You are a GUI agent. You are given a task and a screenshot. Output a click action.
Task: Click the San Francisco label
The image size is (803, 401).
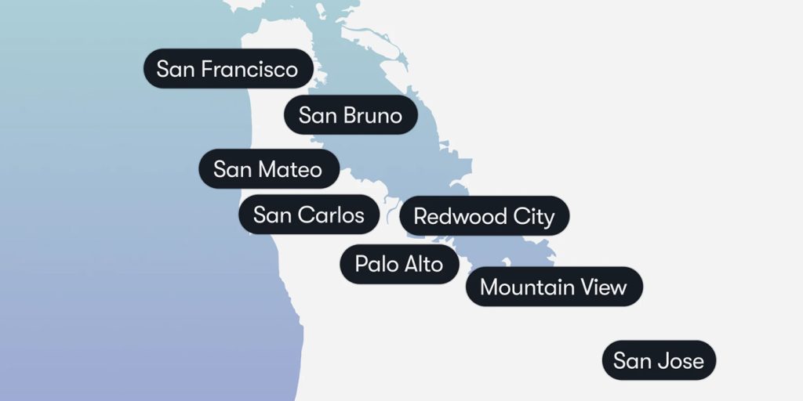[x=228, y=69]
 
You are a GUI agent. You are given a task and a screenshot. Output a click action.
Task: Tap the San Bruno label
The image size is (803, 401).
[x=350, y=116]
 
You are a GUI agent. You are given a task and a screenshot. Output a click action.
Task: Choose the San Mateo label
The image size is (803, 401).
[x=268, y=169]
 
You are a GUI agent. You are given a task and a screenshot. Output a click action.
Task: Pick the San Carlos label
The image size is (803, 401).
[x=309, y=215]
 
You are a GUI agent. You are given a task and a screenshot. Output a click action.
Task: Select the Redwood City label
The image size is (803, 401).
[x=484, y=216]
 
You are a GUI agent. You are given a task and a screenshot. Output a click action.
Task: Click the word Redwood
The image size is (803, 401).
[x=460, y=216]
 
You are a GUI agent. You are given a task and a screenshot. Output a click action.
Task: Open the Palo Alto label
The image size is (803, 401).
[x=399, y=264]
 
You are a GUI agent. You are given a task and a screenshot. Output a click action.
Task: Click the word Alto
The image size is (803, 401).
[x=423, y=264]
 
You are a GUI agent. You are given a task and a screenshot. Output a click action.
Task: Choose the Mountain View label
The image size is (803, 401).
[x=554, y=287]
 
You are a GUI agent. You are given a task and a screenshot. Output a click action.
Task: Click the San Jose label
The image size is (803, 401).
[x=659, y=361]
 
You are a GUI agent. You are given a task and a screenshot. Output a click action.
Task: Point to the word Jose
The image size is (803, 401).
[x=681, y=361]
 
